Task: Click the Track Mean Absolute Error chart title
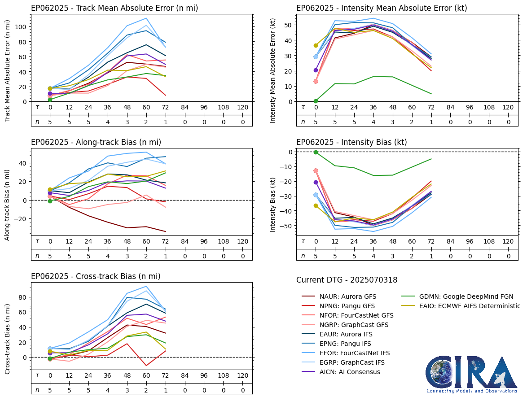tap(114, 8)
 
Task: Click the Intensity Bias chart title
tap(351, 142)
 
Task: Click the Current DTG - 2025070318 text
tap(347, 280)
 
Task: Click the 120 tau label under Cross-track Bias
tap(242, 375)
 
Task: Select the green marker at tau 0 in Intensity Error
tap(316, 101)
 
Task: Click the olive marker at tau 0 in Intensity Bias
tap(316, 205)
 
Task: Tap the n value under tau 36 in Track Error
tap(108, 122)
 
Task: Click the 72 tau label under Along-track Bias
tap(166, 241)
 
